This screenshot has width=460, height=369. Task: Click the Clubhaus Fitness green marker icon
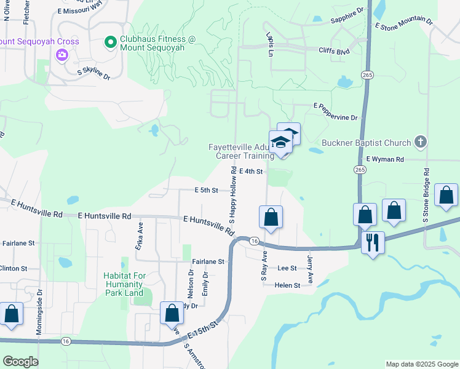click(111, 42)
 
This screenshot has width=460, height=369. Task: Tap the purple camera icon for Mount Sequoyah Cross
click(61, 55)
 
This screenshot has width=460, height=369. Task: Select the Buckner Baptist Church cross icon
click(421, 143)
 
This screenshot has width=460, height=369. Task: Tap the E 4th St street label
click(252, 171)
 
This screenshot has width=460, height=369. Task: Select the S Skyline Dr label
click(93, 74)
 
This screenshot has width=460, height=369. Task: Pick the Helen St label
click(287, 285)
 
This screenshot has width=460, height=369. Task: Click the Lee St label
click(287, 268)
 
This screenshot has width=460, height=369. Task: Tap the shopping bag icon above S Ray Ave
click(271, 217)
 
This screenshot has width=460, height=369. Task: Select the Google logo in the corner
click(21, 362)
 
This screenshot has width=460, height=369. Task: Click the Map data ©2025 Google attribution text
click(421, 364)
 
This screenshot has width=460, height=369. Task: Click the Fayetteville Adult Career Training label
click(240, 152)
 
